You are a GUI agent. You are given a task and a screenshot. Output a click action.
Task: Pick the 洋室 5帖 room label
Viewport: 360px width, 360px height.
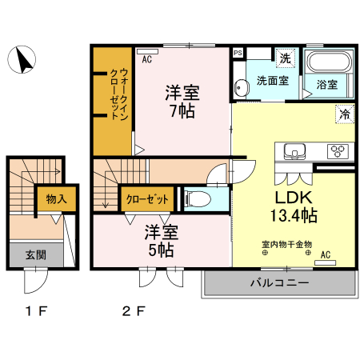tap(160, 241)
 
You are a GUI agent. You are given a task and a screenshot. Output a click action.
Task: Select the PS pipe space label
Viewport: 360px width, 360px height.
tap(238, 54)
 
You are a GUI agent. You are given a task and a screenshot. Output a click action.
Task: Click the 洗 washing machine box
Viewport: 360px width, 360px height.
tap(285, 58)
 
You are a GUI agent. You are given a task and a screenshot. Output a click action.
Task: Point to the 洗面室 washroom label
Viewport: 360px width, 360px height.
tap(272, 81)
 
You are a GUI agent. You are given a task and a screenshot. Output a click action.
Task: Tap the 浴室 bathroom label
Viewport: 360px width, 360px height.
tap(326, 84)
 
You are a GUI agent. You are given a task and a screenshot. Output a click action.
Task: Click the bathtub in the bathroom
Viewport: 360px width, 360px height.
tap(328, 63)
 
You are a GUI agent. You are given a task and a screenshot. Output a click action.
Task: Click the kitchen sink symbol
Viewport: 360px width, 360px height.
tap(293, 150)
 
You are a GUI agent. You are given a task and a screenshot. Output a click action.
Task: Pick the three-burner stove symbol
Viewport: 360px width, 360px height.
tap(337, 150)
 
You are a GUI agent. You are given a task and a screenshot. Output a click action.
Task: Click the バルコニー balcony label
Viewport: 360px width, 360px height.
tap(279, 282)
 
